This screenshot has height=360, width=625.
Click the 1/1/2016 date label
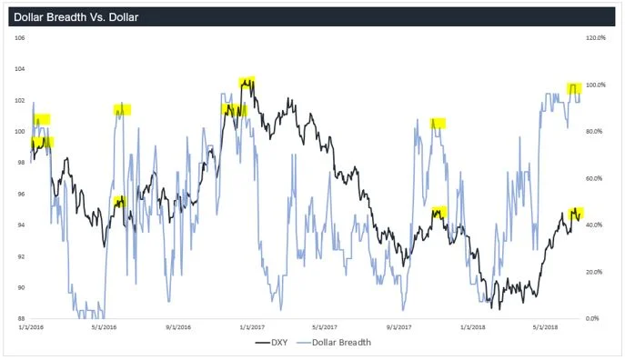click(30, 326)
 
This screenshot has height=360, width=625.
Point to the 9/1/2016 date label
click(179, 326)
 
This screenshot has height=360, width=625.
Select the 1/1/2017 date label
click(251, 326)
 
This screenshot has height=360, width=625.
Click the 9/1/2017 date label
click(399, 326)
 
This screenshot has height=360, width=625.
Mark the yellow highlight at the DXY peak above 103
click(247, 82)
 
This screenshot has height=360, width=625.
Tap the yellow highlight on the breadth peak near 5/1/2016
click(122, 109)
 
